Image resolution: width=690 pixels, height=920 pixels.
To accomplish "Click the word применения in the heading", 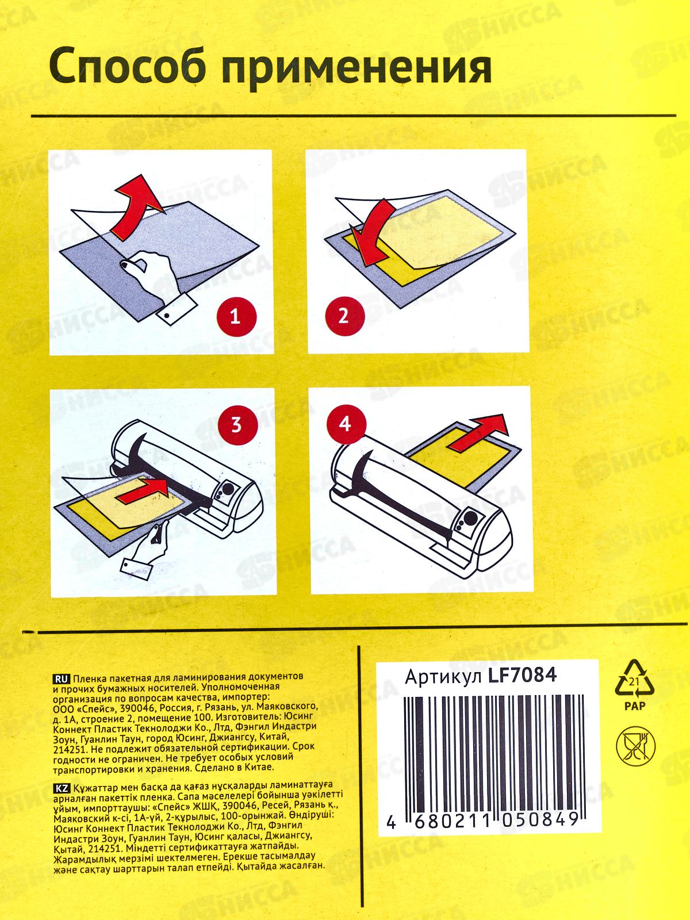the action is click(356, 69).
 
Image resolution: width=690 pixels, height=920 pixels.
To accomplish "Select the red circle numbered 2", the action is click(343, 315).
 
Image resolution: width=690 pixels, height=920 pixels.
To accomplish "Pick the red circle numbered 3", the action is click(236, 425).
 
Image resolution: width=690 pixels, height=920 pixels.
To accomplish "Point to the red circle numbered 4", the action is click(345, 424).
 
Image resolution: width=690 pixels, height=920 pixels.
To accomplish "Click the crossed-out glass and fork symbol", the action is click(636, 747).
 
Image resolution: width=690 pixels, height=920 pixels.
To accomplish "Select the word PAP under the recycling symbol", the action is click(635, 706).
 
